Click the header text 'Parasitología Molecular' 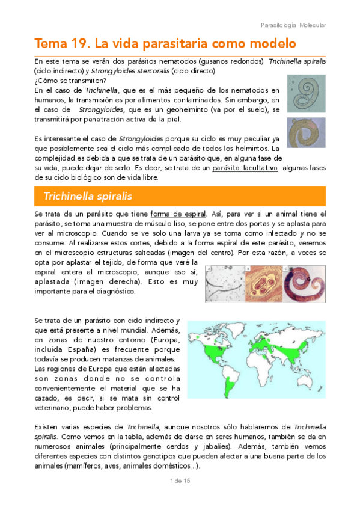tap(293, 25)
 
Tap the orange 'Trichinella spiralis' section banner tap(180, 197)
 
